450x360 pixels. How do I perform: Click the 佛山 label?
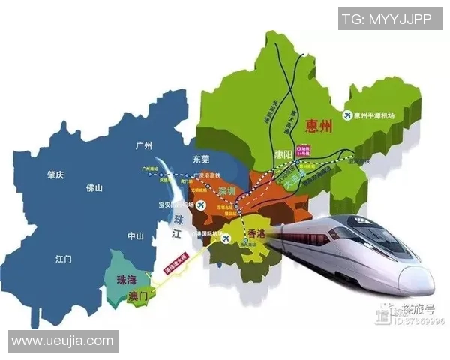[x=94, y=188]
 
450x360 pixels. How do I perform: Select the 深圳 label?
[x=226, y=192]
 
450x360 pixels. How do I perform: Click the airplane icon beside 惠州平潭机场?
[x=347, y=115]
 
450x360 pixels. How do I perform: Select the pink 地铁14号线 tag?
[x=303, y=152]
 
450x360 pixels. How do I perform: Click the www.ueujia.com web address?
[x=62, y=341]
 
